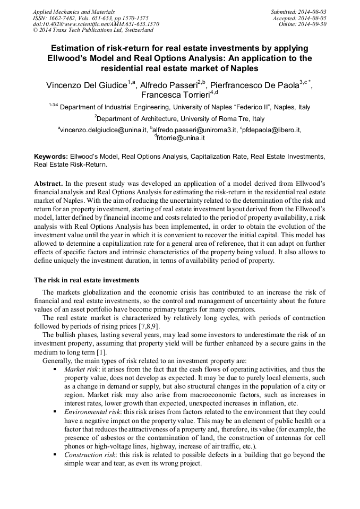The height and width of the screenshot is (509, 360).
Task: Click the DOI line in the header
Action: (x=96, y=24)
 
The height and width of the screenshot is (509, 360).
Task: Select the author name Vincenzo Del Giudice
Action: (x=85, y=85)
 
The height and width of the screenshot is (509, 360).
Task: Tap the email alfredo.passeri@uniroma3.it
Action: (x=194, y=130)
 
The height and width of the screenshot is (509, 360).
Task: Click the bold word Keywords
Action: (x=50, y=157)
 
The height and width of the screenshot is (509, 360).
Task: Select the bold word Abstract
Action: (x=49, y=183)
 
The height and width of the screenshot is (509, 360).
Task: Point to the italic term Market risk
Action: (x=81, y=369)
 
